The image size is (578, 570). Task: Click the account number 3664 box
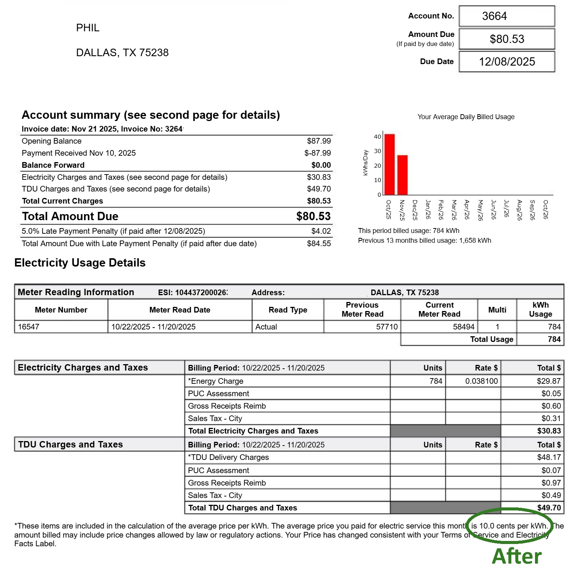point(506,16)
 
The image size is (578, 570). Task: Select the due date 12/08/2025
point(507,61)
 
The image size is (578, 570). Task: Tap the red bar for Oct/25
point(389,164)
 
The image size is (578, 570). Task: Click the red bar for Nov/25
point(402,175)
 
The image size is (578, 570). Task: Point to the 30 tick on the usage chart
point(377,151)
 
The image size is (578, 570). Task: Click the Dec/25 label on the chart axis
point(415,210)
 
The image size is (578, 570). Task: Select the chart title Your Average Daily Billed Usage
point(466,117)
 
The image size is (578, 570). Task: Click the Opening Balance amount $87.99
point(319,141)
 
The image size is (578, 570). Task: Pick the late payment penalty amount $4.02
point(321,231)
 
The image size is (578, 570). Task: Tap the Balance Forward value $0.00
point(321,165)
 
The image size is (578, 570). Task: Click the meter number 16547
point(29,327)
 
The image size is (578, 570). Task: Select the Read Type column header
point(288,310)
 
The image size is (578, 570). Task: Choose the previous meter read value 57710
point(387,327)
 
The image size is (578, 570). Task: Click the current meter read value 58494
point(463,327)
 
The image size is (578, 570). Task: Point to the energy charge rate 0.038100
point(481,381)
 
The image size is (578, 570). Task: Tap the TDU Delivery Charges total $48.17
point(549,457)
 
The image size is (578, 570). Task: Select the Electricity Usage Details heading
point(80,263)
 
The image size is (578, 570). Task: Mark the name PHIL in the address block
point(88,28)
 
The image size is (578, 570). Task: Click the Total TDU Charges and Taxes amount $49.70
point(549,508)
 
